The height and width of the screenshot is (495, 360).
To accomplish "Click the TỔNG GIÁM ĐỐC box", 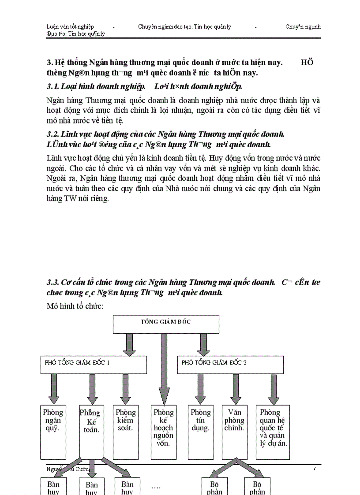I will tap(166, 324).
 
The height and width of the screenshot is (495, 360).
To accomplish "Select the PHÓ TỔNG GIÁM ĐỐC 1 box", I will tap(94, 365).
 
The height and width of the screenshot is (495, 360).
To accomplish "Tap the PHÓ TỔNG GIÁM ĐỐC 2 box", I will tap(230, 365).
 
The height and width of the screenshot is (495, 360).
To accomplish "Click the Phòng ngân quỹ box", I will tap(53, 432).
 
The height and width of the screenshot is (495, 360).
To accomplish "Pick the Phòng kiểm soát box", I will tap(126, 432).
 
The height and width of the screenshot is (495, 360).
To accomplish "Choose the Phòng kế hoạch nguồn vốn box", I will tap(163, 432).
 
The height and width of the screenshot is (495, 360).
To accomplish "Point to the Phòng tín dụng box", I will tap(201, 432).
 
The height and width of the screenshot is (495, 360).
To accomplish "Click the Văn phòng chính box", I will tap(234, 432).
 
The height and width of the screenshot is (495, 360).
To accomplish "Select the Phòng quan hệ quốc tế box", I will tap(273, 432).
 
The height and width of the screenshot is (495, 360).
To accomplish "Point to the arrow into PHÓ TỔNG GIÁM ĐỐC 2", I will tap(203, 344).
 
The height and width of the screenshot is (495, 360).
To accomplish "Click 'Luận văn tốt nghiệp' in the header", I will tap(70, 26).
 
